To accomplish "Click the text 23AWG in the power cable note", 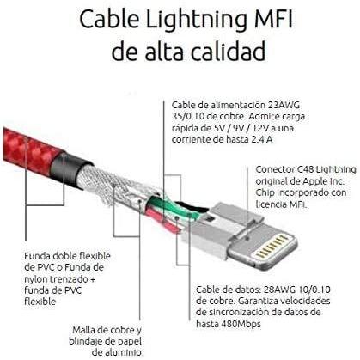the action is [284, 105].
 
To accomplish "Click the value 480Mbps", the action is [241, 324].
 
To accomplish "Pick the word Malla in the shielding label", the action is [82, 330].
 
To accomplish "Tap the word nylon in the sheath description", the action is [36, 279].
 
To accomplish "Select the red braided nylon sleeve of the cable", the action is [32, 153].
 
